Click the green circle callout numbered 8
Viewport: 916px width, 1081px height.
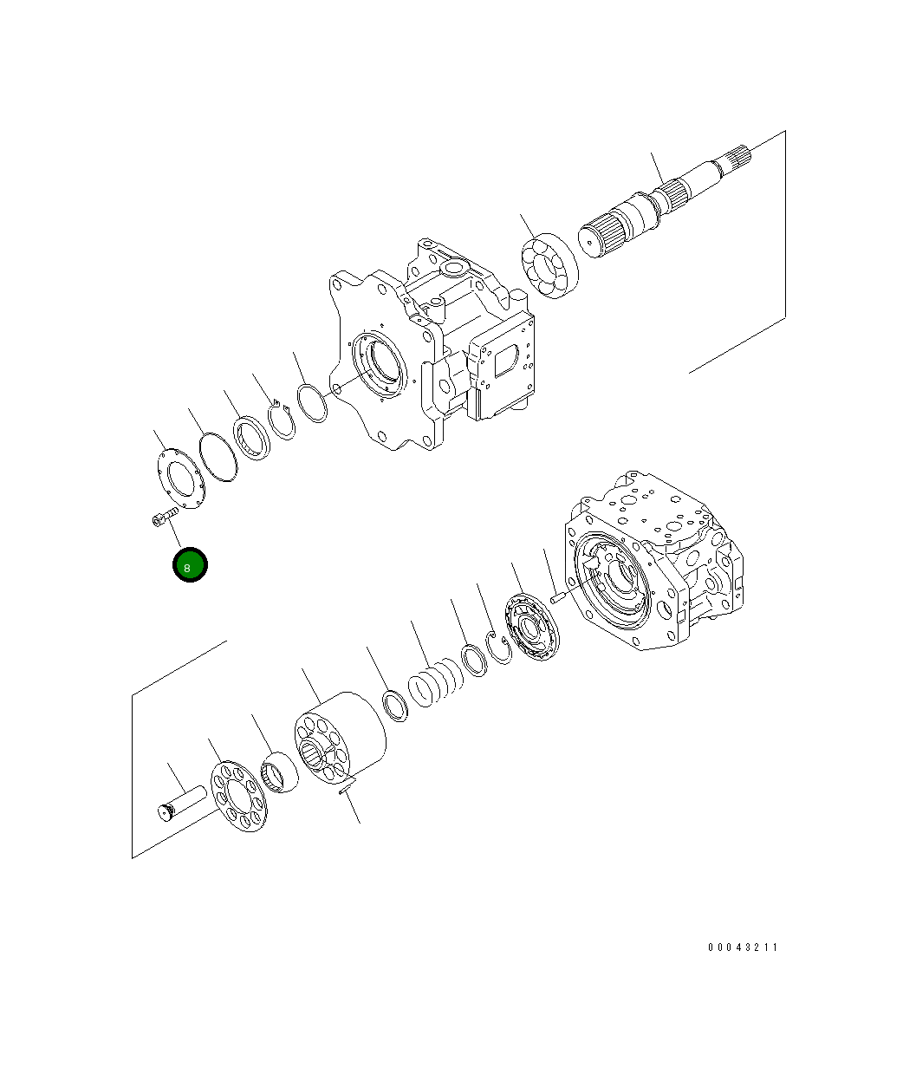click(190, 565)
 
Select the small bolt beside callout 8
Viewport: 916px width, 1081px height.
click(161, 519)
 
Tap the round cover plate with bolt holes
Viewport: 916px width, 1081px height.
click(180, 479)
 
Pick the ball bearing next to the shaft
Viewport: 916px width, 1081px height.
click(549, 265)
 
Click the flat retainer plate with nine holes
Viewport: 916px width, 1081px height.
click(240, 796)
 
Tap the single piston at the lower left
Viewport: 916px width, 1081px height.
click(179, 802)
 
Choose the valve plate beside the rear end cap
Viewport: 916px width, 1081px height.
click(533, 628)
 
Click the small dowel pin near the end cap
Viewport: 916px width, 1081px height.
click(559, 596)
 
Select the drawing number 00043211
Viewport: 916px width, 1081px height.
click(742, 948)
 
